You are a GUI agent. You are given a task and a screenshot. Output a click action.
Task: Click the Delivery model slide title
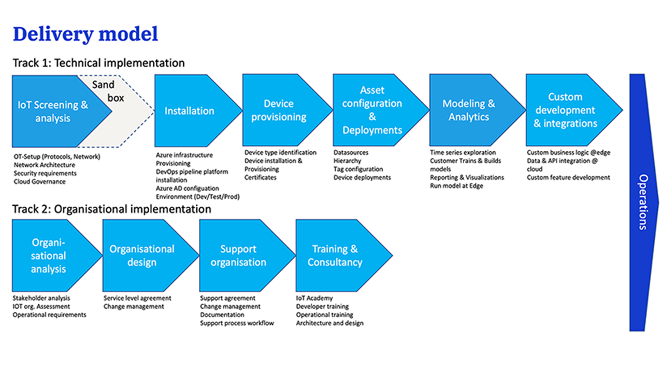coord(85,34)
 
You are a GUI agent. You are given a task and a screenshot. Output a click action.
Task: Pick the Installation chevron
coord(190,111)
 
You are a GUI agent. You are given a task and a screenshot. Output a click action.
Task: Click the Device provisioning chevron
coord(279,110)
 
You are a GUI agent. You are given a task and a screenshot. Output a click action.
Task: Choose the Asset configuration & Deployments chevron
coord(372,110)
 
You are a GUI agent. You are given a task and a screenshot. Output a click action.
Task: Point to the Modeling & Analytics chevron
coord(469,110)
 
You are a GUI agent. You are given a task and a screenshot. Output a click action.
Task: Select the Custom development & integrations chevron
coord(566,110)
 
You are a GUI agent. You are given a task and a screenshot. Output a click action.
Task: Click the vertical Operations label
coord(643,202)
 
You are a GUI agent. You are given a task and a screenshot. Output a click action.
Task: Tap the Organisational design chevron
coord(142,255)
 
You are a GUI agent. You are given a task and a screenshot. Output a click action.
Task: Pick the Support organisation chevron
coord(238,255)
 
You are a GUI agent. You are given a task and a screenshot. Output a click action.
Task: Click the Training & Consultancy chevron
coord(335,255)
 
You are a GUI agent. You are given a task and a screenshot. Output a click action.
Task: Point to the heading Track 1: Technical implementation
coord(99,63)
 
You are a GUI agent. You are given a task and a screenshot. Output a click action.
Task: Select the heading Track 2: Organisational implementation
coord(112,209)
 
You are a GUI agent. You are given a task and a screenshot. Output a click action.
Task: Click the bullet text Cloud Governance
coord(40,182)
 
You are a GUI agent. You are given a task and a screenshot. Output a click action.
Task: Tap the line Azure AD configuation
coord(188,189)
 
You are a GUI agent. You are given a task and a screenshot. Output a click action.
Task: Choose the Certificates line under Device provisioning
coord(261,178)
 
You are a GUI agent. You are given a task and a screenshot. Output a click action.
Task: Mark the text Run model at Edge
coord(456,186)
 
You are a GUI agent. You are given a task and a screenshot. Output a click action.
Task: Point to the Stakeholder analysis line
coord(41,298)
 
